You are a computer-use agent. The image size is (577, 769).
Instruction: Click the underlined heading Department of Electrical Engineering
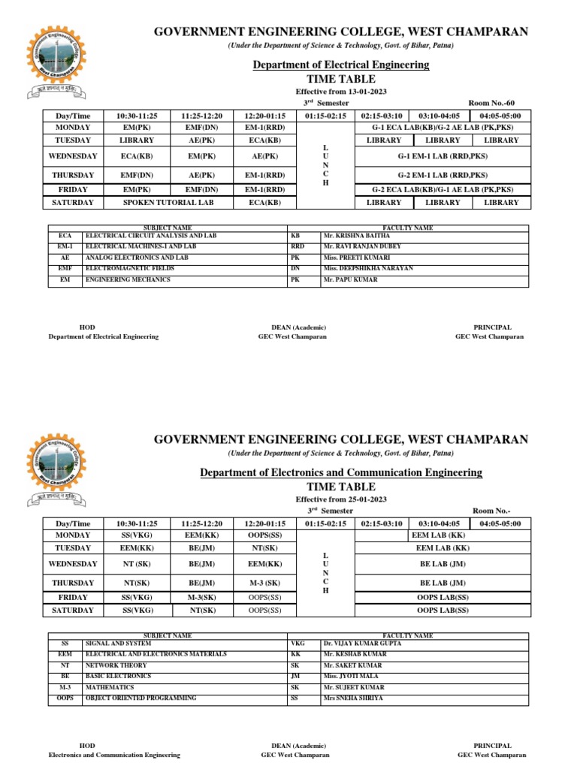[x=340, y=65]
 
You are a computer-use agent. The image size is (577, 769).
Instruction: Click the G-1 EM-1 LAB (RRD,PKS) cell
[x=442, y=156]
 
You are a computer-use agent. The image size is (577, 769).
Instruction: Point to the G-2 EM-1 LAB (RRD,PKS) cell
[x=442, y=175]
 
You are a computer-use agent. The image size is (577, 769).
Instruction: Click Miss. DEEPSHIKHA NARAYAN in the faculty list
[x=368, y=268]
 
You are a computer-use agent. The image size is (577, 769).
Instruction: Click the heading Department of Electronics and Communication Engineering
[x=340, y=472]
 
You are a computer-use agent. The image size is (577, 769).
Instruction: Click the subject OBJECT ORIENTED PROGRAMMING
[x=141, y=698]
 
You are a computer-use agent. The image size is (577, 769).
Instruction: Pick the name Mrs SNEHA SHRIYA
[x=355, y=698]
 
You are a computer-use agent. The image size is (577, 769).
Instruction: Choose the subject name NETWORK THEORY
[x=113, y=665]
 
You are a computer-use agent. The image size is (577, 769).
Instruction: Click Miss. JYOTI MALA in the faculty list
[x=352, y=676]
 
